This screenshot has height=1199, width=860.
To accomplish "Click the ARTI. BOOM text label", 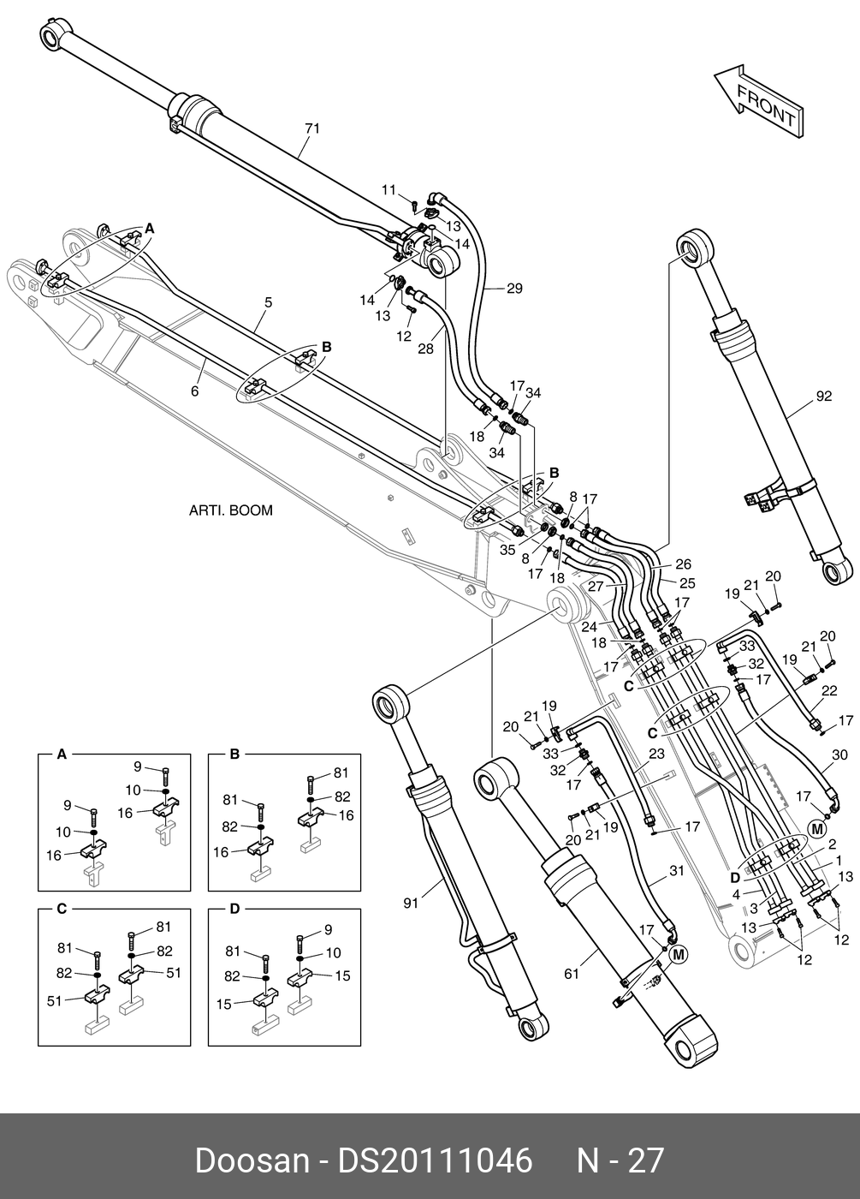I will point(230,510).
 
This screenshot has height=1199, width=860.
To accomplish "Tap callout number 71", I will point(312,128).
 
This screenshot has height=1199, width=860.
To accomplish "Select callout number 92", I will point(823,396).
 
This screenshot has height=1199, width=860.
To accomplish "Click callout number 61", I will point(572,974).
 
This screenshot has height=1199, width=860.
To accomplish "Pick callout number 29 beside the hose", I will point(513,289).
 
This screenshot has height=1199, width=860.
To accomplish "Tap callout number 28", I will point(425,349).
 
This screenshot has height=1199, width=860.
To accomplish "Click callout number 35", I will point(507,552).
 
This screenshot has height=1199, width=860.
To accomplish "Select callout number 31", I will point(676,871).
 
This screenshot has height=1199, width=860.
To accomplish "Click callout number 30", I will point(839,755).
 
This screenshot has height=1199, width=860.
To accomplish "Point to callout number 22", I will point(828,690).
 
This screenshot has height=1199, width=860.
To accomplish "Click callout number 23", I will point(656,755).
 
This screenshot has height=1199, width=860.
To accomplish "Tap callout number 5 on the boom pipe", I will point(268,302).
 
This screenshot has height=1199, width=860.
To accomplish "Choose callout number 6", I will point(194,391).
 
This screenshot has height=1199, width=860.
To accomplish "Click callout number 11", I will point(388,189).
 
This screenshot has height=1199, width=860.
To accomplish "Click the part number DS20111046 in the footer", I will point(436,1160).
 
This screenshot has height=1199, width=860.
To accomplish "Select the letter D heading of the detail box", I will point(233,909).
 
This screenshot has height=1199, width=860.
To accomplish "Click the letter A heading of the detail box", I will point(61,755).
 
